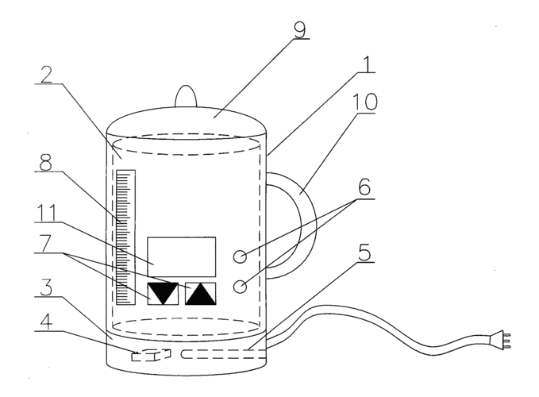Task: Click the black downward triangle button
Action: tap(162, 294)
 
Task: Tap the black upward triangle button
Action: tap(200, 294)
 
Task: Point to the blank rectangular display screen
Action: tap(182, 256)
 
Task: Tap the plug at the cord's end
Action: tap(505, 340)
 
